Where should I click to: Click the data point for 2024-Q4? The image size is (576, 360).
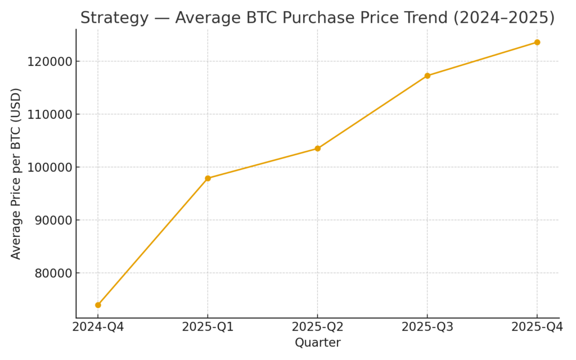coord(98,305)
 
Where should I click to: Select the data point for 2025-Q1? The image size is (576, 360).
coord(208,178)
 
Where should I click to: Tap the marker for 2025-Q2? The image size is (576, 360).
coord(317,148)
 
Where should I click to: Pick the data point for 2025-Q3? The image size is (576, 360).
coord(427,75)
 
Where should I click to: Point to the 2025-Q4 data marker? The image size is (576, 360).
coord(537,42)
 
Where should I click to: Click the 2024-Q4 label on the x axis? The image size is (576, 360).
coord(98,327)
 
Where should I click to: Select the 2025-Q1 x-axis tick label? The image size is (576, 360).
coord(208,327)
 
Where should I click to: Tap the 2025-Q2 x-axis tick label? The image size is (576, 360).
coord(317,327)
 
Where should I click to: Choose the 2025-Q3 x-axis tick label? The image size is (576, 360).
coord(427,327)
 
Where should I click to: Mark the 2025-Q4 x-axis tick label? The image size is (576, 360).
coord(537,327)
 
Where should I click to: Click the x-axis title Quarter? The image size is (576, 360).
coord(317,343)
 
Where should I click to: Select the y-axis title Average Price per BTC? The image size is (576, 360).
coord(16,173)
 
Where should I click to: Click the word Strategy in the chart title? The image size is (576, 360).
coord(114,18)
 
